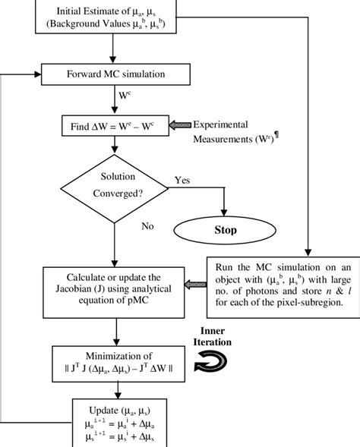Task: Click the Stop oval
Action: [x=226, y=229]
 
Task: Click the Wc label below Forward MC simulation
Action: [x=127, y=96]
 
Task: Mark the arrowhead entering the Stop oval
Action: [x=226, y=212]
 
